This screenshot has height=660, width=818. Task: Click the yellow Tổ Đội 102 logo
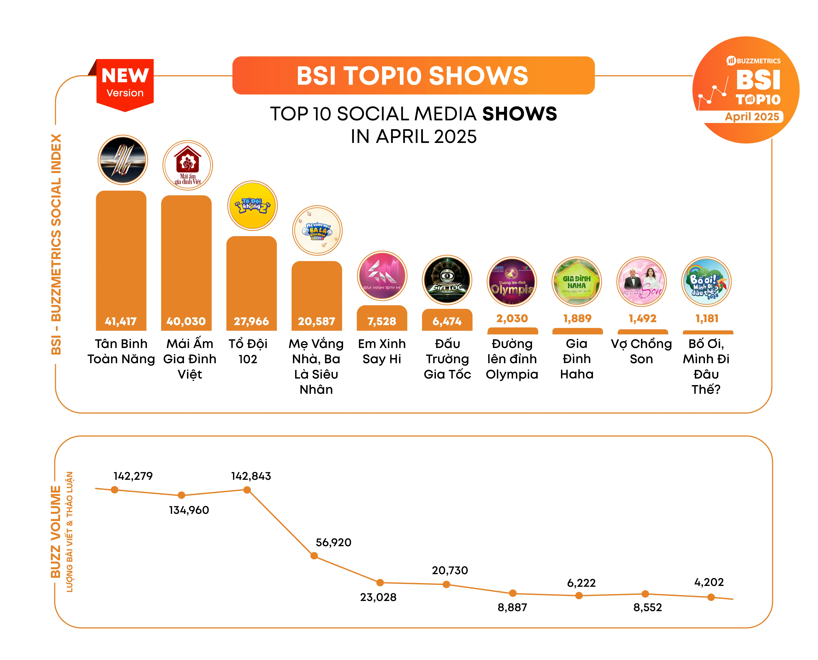pos(252,206)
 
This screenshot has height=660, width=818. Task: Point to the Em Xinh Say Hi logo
pos(382,276)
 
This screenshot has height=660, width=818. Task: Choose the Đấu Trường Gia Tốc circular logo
pos(447,280)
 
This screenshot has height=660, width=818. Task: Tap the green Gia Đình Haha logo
pos(577,282)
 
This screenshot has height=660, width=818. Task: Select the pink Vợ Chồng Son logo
pos(641,282)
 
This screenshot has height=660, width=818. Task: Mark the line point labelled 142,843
pos(247,490)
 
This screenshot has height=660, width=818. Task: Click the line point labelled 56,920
pos(314,556)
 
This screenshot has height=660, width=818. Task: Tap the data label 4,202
pos(709,582)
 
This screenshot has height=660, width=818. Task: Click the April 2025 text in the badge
pos(752,117)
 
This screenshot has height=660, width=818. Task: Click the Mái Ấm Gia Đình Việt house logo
pos(187,165)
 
